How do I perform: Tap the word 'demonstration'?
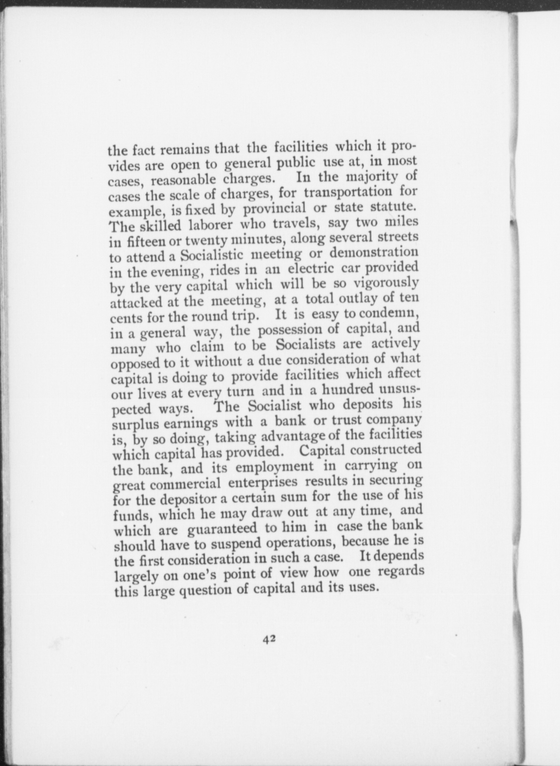(374, 253)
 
